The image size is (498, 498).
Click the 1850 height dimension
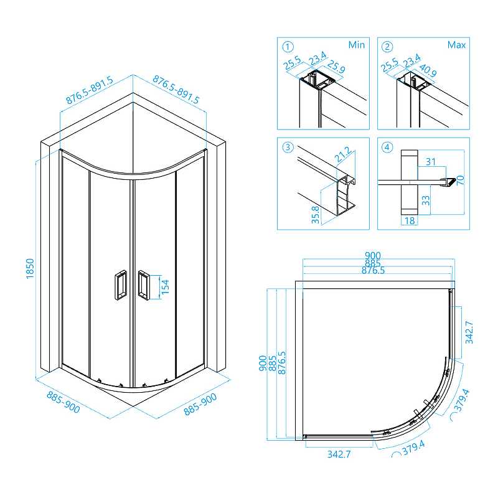click(30, 269)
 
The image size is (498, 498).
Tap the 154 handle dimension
click(165, 287)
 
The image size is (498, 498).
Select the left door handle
click(120, 284)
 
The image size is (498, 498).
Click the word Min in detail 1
click(357, 45)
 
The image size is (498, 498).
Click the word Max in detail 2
click(456, 45)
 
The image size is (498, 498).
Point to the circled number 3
click(288, 147)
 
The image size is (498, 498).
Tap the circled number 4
click(387, 147)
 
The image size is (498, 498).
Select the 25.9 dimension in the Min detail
click(336, 67)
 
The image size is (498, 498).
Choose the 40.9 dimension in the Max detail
click(428, 70)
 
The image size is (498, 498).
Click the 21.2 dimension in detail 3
click(344, 154)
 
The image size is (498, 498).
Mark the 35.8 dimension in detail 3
click(316, 215)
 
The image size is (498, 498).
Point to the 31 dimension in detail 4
click(431, 162)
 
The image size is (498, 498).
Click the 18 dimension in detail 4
click(410, 220)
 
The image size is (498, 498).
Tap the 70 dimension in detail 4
click(460, 180)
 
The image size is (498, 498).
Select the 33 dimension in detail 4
click(426, 200)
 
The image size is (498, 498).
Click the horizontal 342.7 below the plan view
click(339, 454)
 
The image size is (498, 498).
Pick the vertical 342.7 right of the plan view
click(469, 332)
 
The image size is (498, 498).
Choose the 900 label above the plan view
click(372, 255)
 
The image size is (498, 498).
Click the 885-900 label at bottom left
click(63, 402)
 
